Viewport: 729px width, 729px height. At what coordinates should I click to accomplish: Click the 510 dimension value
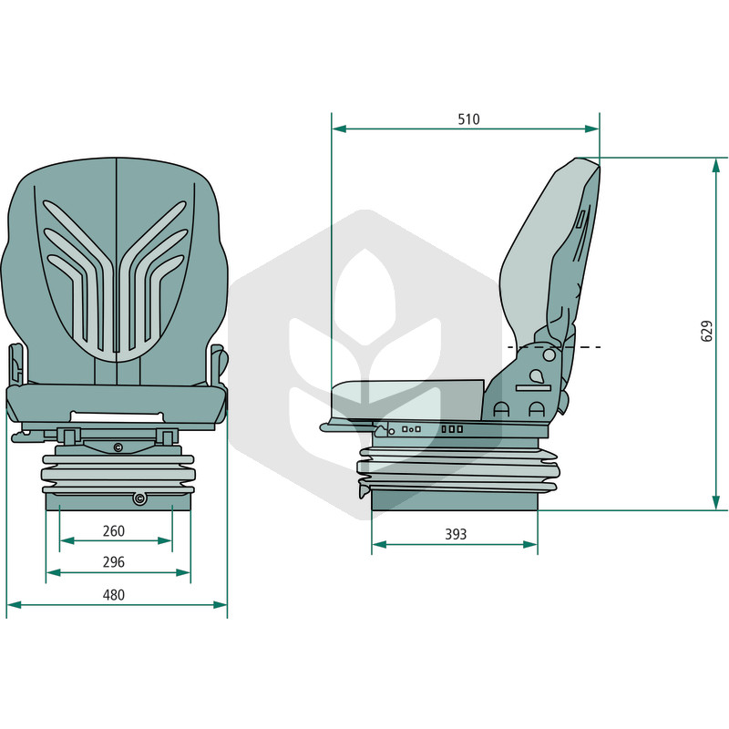coord(468,119)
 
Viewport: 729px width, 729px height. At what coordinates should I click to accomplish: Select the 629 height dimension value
coord(707,331)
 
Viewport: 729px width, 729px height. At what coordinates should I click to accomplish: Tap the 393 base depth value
coord(456,535)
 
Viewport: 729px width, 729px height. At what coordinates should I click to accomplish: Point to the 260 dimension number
coord(113,531)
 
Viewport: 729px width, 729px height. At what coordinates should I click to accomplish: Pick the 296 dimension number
coord(113,562)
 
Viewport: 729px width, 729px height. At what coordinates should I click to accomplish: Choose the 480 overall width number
coord(113,595)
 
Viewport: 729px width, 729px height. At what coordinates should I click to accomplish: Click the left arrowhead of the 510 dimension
coord(339,128)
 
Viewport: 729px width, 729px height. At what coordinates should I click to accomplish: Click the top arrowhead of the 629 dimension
coord(716,166)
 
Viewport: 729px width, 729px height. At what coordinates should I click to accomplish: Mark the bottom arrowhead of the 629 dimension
coord(716,503)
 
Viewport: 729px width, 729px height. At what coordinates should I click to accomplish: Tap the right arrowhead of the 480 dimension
coord(220,605)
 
